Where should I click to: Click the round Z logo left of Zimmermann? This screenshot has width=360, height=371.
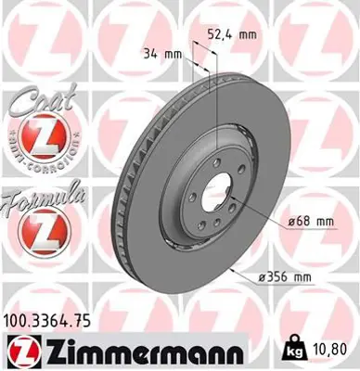19,352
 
